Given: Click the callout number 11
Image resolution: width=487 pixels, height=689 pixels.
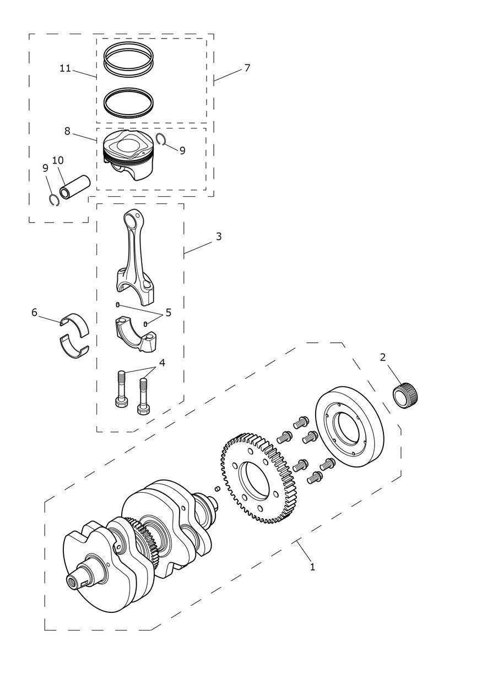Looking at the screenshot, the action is click(65, 68).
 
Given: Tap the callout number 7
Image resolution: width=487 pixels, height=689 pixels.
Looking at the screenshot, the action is click(247, 68).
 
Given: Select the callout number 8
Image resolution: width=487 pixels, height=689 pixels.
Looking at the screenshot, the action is click(67, 131).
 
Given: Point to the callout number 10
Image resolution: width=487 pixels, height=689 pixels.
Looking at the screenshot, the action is click(58, 160).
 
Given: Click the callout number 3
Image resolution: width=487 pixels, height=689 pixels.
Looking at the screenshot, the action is click(218, 236).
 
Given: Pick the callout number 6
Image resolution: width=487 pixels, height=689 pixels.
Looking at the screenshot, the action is click(34, 312).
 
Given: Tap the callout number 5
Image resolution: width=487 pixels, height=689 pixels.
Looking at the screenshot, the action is click(168, 313).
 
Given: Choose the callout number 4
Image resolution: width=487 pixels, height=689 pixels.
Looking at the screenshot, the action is click(162, 363).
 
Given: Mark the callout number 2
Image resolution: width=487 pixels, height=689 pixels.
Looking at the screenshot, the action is click(382, 357).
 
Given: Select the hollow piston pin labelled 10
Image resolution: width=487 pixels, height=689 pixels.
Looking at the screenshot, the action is click(75, 187).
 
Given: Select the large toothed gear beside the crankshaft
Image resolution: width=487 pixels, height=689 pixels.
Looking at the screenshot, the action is click(258, 478).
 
